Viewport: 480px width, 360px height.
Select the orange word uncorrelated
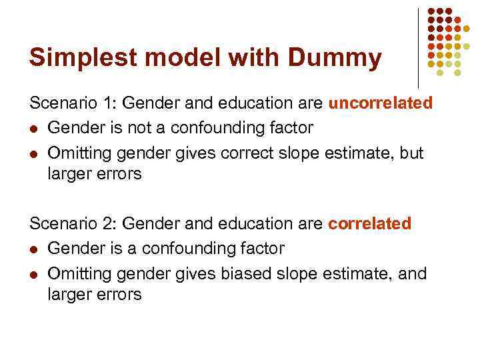click(381, 103)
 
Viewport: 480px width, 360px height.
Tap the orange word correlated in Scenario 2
click(370, 224)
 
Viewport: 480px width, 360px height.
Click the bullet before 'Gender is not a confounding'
click(34, 129)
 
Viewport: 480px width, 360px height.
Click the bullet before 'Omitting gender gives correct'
click(34, 153)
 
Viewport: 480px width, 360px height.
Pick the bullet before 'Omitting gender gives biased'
click(34, 274)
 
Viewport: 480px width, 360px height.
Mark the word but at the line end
click(411, 153)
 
